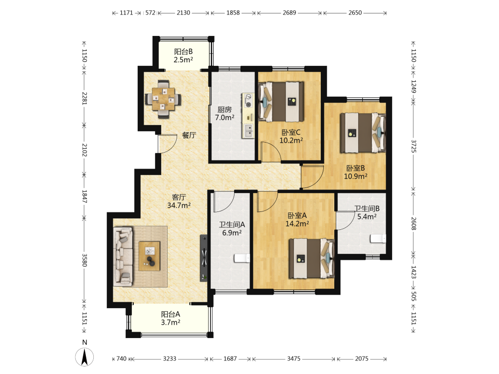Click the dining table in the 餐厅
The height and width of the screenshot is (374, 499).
coord(163,99)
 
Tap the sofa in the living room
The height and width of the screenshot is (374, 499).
coord(123,256)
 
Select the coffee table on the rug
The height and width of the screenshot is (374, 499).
coord(149,256)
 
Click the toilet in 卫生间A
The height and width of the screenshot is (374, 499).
coord(242,258)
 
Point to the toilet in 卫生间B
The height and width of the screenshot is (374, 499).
coord(378,238)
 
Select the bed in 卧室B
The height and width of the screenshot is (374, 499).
coord(363,133)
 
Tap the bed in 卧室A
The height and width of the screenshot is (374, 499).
coord(311,258)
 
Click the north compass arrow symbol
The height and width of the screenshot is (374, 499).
coord(85,357)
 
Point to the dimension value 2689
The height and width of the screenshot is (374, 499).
coord(289,13)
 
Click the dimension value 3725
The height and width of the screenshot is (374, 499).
coord(414,146)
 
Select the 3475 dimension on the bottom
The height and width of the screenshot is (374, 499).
coord(294,359)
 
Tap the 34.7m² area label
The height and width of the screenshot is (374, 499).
coord(179,205)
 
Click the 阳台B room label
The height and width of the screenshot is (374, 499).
coord(183,51)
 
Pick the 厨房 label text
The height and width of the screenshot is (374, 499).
coord(225,110)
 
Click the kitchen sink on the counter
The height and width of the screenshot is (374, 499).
coord(249,131)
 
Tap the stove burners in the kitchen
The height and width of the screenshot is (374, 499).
coord(248,100)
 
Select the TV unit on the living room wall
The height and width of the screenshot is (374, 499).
coord(204,258)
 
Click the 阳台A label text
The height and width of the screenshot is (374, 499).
coord(171,315)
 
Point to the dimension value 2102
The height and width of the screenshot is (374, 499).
coord(84,150)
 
